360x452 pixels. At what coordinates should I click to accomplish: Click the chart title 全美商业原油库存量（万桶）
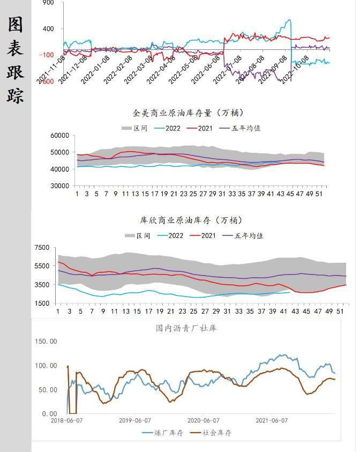click(x=188, y=113)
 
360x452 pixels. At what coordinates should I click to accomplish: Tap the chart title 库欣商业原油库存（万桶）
click(x=191, y=220)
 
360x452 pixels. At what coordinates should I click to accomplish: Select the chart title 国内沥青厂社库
click(x=186, y=328)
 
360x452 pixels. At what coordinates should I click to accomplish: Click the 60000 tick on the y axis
click(x=60, y=136)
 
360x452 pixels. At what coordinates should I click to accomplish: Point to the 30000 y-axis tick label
click(x=60, y=186)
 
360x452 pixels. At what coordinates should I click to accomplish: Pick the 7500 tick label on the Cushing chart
click(x=42, y=248)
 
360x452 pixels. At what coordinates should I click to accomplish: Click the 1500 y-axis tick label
click(x=42, y=303)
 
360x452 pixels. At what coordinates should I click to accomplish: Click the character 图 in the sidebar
click(x=16, y=24)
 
